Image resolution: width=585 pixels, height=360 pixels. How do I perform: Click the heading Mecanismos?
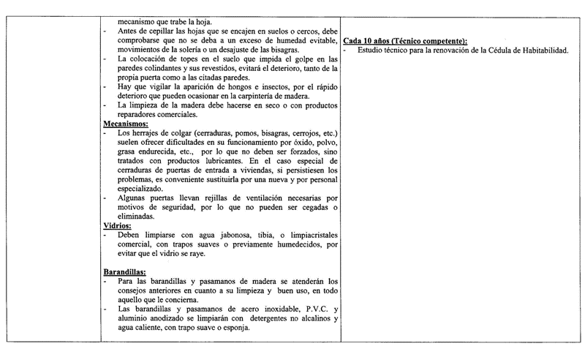[125, 124]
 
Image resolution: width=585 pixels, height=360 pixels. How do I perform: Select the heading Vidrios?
[117, 226]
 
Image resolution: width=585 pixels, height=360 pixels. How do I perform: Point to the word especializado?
[144, 188]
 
